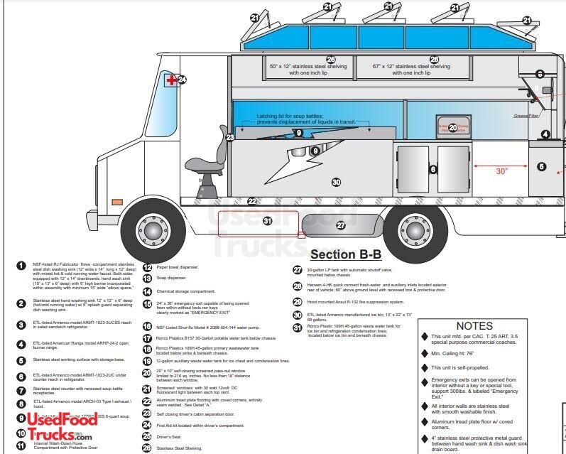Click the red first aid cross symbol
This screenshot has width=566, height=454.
(x=171, y=80)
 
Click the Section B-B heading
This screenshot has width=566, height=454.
(x=345, y=254)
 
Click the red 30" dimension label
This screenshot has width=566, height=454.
(x=502, y=171)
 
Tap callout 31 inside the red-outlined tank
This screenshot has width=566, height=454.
(x=268, y=222)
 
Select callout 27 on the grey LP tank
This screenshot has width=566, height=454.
(x=341, y=225)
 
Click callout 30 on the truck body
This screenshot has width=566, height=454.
(x=337, y=182)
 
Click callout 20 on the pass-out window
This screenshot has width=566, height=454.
(x=452, y=128)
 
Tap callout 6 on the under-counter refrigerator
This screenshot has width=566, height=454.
(x=432, y=169)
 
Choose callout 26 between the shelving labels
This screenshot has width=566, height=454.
(x=330, y=59)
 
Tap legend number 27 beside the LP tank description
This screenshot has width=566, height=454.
(x=298, y=270)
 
